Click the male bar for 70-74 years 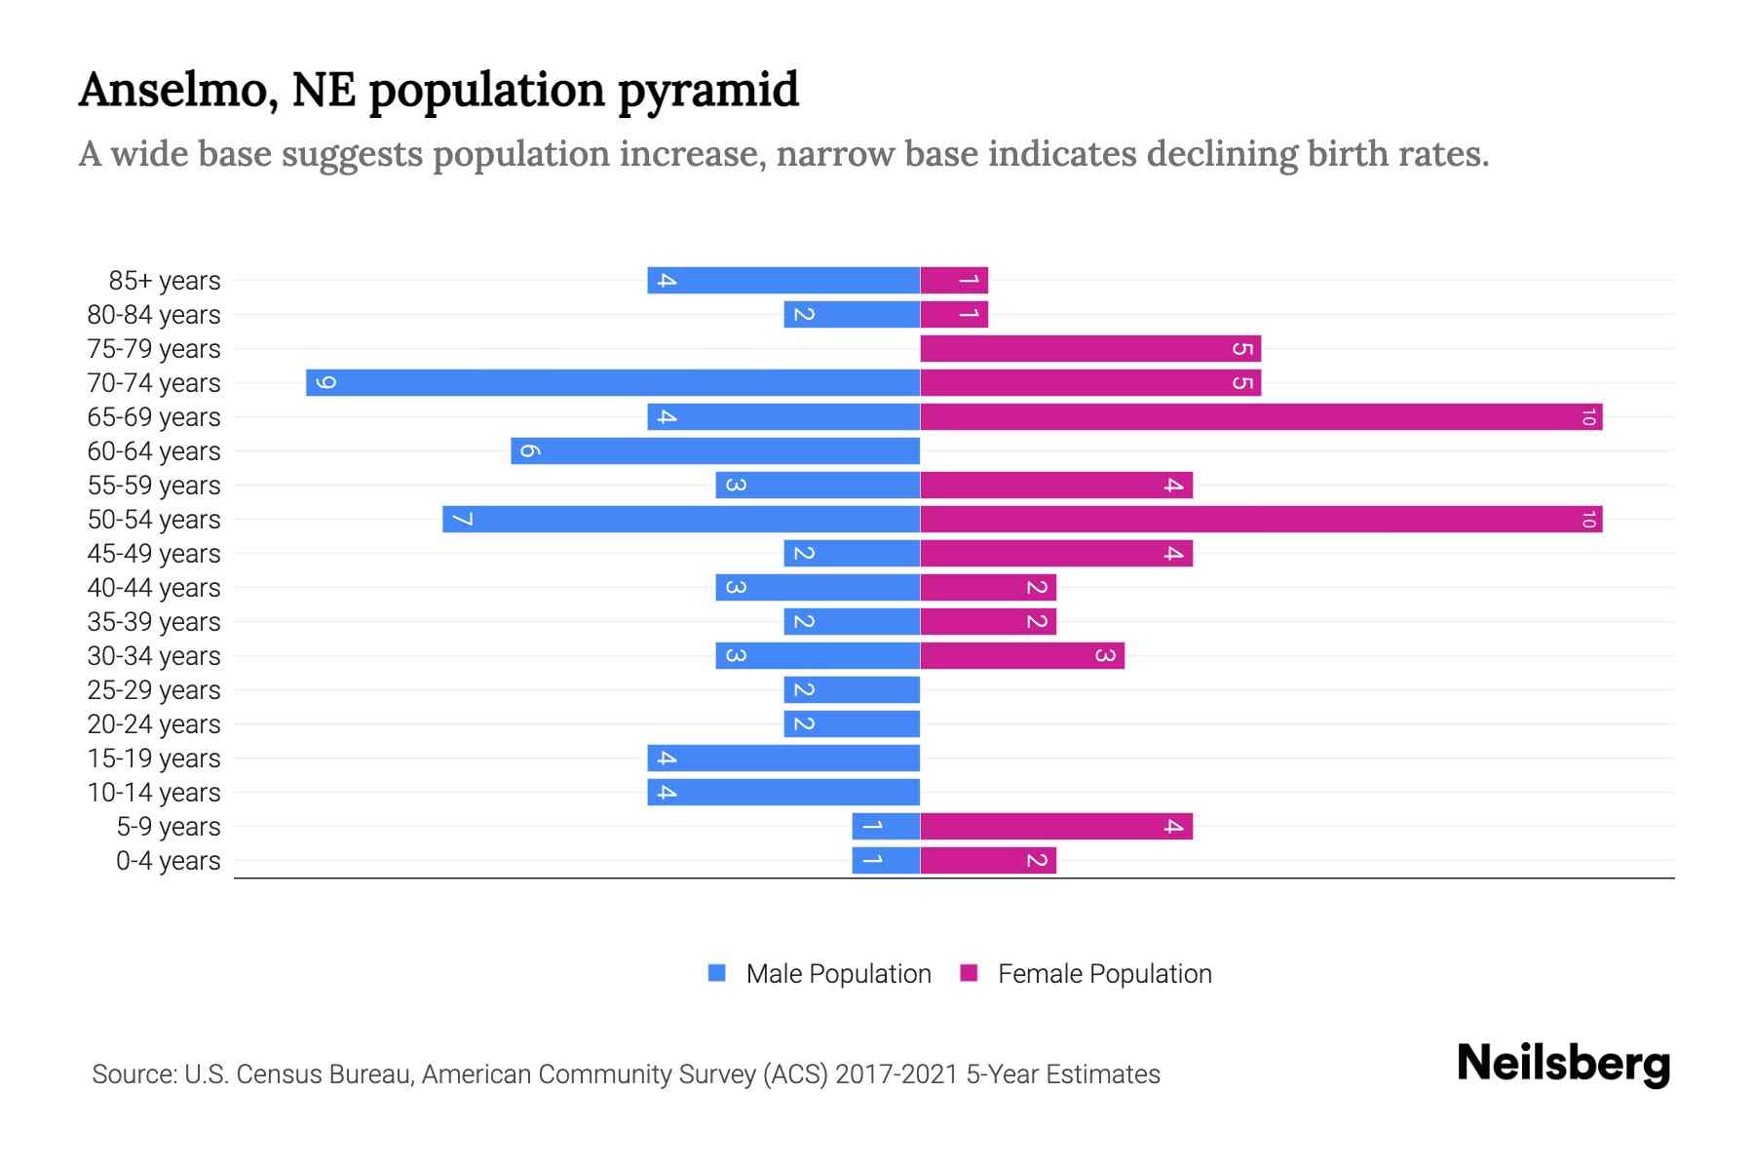pyautogui.click(x=613, y=382)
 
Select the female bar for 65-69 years pyautogui.click(x=1261, y=416)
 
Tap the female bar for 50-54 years pyautogui.click(x=1261, y=519)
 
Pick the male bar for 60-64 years pyautogui.click(x=715, y=450)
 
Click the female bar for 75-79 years pyautogui.click(x=1090, y=348)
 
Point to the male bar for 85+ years pyautogui.click(x=783, y=280)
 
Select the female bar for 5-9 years pyautogui.click(x=1056, y=826)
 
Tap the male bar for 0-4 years pyautogui.click(x=886, y=860)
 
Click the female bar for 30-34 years pyautogui.click(x=1022, y=655)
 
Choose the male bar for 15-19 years pyautogui.click(x=783, y=758)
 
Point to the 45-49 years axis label pyautogui.click(x=154, y=553)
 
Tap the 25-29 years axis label pyautogui.click(x=154, y=689)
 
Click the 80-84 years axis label pyautogui.click(x=154, y=314)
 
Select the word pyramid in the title pyautogui.click(x=708, y=90)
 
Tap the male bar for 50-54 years pyautogui.click(x=681, y=519)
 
